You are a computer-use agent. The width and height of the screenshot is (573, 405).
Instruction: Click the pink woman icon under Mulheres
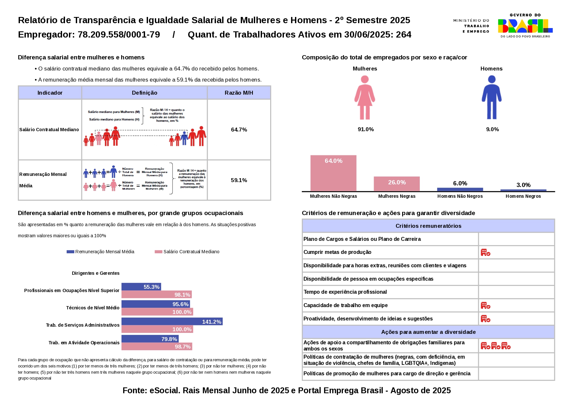[x=365, y=98]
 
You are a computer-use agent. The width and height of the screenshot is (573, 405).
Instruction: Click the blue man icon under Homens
[x=491, y=98]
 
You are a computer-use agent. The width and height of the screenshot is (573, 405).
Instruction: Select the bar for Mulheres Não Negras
[x=333, y=173]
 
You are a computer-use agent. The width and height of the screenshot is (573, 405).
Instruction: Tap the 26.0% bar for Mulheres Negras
[x=397, y=184]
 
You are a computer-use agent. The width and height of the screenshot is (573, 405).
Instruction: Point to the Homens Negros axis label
[x=523, y=196]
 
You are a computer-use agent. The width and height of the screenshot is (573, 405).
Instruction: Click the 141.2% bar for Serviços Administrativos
[x=172, y=321]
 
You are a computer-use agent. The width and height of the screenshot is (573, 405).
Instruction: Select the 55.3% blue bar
[x=141, y=287]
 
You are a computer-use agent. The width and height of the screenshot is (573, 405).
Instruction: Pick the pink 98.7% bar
[x=156, y=346]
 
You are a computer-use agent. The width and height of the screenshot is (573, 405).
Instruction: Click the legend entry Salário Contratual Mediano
[x=191, y=252]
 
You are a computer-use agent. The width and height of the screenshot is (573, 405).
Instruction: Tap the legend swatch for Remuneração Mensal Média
[x=70, y=252]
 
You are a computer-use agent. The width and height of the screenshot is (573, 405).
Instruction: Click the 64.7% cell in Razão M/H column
[x=239, y=130]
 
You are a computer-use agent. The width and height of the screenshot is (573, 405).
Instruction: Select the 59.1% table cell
[x=239, y=180]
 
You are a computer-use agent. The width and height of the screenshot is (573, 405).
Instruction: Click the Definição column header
[x=144, y=93]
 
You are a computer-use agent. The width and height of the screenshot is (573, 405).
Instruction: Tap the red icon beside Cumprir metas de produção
[x=485, y=252]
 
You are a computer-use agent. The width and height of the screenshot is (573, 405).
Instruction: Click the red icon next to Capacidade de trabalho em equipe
[x=485, y=305]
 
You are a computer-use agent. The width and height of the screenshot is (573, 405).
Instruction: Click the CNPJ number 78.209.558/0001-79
[x=119, y=35]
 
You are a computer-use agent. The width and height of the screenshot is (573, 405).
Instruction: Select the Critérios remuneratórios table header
[x=428, y=226]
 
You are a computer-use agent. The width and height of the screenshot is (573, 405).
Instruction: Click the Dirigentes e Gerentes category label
[x=95, y=273]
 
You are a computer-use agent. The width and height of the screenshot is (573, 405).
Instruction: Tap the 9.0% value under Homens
[x=492, y=129]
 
